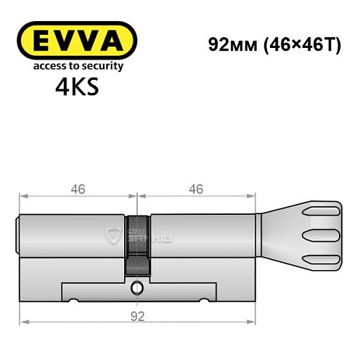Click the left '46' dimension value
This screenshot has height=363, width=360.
78,189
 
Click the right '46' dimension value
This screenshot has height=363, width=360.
195,189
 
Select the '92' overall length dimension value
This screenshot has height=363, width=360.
139,315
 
